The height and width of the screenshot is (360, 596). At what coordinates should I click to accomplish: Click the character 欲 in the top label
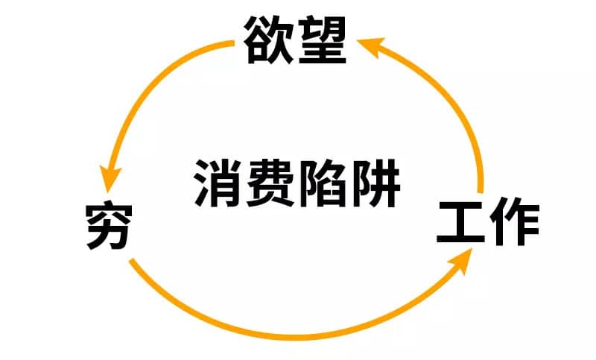(x=268, y=40)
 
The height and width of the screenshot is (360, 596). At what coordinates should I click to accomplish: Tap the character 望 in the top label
(x=323, y=40)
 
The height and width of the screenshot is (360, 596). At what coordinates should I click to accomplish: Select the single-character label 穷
(x=109, y=226)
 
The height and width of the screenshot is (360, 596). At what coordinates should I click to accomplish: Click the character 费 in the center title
(x=270, y=183)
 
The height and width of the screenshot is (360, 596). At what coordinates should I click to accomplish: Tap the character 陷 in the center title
(x=323, y=183)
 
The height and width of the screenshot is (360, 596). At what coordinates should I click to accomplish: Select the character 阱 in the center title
(x=376, y=183)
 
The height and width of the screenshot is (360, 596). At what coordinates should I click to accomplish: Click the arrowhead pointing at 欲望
(x=370, y=45)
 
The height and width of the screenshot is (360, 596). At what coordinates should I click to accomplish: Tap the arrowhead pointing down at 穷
(x=110, y=179)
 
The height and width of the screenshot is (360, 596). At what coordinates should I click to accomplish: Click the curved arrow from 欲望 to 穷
(x=151, y=84)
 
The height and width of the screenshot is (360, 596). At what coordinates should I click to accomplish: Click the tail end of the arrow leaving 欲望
(x=233, y=43)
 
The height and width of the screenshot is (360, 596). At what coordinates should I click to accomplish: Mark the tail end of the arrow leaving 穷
(x=132, y=261)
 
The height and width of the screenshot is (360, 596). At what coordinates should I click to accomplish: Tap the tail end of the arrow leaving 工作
(x=481, y=192)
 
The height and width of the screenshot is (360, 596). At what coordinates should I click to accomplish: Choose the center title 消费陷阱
(x=297, y=183)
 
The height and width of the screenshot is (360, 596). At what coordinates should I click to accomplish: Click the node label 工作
(x=488, y=221)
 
